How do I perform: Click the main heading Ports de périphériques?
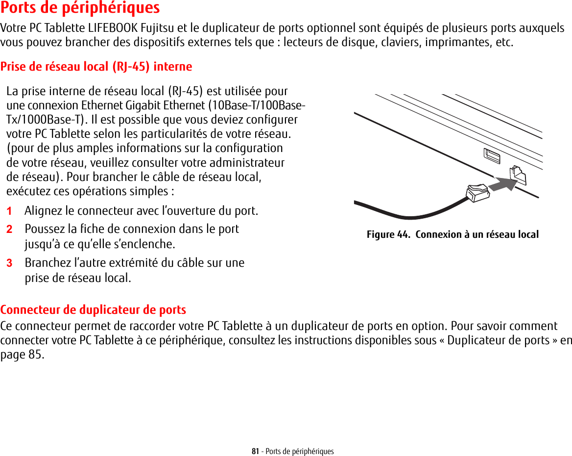click(x=80, y=8)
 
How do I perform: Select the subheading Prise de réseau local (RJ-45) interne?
click(x=96, y=66)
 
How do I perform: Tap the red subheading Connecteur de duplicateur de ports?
click(x=93, y=310)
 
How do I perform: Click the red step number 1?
click(x=9, y=211)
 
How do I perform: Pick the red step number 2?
click(x=9, y=229)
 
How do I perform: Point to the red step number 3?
click(x=9, y=263)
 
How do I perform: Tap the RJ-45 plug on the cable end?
click(x=477, y=192)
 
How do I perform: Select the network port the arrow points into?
click(x=518, y=175)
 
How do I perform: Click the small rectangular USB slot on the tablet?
click(x=491, y=155)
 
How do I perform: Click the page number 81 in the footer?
click(x=255, y=451)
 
